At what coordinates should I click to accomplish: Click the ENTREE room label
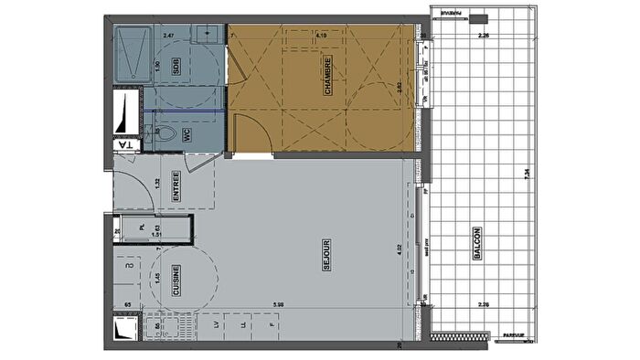coord(176,190)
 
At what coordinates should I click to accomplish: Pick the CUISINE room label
coord(176,281)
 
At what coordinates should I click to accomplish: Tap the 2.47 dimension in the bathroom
coord(168,35)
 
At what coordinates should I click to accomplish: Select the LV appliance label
coord(216,325)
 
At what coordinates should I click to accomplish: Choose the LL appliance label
coord(242,325)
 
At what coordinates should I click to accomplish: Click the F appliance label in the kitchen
coord(271,325)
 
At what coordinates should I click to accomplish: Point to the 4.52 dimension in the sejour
coord(399,247)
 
